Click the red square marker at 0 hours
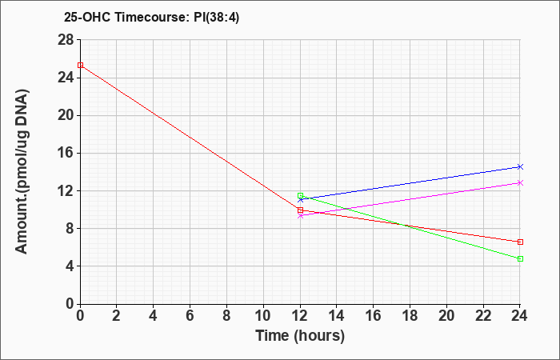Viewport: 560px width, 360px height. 80,65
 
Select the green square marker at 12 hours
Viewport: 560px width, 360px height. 300,196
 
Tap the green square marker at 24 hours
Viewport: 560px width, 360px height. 520,258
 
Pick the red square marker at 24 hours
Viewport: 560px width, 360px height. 520,242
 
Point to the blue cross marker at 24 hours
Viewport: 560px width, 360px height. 520,166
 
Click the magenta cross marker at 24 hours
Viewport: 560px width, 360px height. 520,183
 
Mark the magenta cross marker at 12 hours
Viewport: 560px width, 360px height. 300,216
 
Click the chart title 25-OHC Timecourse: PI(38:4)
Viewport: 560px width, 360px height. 151,17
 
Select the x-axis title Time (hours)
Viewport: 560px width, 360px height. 300,336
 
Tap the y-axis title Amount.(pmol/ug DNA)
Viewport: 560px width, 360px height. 22,171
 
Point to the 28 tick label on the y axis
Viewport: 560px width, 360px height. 66,40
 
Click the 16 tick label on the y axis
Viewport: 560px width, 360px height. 66,153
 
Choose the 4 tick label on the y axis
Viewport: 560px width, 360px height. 70,266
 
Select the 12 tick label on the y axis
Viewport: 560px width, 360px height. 66,190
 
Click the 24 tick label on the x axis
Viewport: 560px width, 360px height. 520,316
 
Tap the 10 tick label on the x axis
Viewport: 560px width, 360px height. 263,316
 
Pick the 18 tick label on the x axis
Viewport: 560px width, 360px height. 410,316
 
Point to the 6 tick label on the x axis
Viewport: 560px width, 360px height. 190,316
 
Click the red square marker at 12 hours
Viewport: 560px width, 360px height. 300,210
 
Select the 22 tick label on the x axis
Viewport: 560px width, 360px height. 483,316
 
